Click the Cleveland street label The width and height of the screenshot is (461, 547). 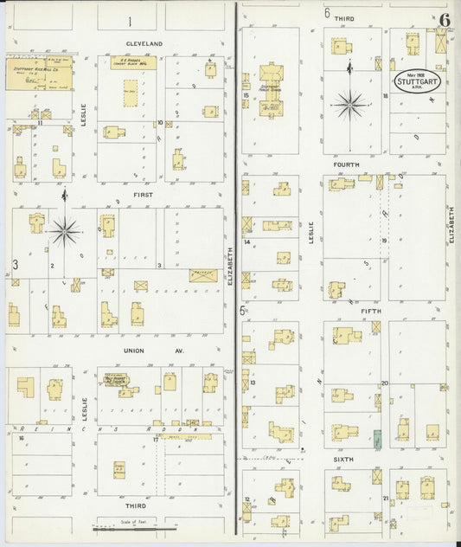pyautogui.click(x=144, y=42)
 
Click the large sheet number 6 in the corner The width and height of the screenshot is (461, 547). pyautogui.click(x=444, y=19)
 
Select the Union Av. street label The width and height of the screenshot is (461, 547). pyautogui.click(x=138, y=351)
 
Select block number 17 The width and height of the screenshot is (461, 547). pyautogui.click(x=155, y=440)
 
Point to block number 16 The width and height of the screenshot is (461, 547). pyautogui.click(x=20, y=439)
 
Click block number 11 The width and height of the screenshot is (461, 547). pyautogui.click(x=40, y=124)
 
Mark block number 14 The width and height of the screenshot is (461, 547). pyautogui.click(x=247, y=242)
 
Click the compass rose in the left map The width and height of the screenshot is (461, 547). pyautogui.click(x=64, y=230)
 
